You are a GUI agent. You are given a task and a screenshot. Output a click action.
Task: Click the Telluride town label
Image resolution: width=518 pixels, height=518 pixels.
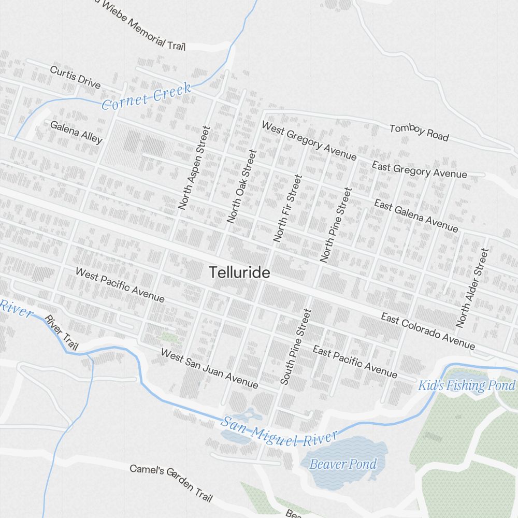tap(239, 272)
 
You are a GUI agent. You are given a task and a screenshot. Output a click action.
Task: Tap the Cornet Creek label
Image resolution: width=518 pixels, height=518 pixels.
tap(147, 96)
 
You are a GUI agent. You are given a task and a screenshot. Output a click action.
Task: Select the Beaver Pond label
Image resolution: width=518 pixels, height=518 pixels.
tap(342, 463)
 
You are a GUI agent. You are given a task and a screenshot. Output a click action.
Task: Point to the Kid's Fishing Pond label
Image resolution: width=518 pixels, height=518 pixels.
tap(467, 385)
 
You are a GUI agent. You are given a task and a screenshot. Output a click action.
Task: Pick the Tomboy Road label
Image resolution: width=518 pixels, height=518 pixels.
tap(419, 132)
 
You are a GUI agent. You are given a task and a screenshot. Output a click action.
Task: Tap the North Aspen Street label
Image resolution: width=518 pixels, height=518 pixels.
tap(194, 167)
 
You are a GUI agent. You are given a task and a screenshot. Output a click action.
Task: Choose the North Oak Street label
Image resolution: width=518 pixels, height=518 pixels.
tap(242, 186)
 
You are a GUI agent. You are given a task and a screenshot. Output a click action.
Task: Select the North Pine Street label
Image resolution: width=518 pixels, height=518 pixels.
tap(336, 224)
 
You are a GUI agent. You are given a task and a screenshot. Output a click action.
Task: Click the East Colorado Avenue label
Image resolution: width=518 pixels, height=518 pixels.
tap(428, 331)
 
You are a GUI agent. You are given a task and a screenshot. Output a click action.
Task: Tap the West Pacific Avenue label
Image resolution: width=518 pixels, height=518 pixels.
tap(120, 285)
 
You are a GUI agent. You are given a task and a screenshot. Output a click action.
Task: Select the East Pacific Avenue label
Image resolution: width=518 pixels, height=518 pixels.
tap(355, 362)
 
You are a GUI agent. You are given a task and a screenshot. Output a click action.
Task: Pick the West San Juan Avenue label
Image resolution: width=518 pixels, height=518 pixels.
tap(209, 369)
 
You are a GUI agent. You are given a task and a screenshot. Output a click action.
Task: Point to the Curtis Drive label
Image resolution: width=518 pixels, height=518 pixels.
tap(75, 77)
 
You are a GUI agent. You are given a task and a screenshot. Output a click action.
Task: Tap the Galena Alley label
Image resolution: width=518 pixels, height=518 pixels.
tap(76, 132)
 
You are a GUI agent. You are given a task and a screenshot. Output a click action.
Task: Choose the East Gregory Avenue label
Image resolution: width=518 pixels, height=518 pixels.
tap(419, 169)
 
